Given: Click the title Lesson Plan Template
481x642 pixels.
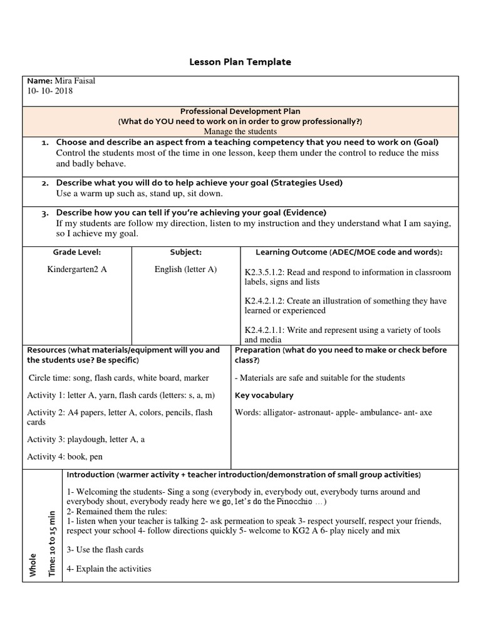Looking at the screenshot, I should point(240,62).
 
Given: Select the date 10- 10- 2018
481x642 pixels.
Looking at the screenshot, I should point(50,91).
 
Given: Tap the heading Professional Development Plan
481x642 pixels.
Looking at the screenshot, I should point(240,111).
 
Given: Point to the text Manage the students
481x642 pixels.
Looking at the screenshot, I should point(240,131).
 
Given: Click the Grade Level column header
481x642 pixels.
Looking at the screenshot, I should point(76,252).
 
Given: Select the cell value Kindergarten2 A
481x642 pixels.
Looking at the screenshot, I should point(77,269).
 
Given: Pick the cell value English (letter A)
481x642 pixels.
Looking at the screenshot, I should point(185,269).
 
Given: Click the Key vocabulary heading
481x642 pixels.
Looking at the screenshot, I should point(264,396).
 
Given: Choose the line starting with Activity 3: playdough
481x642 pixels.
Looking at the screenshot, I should point(86,439).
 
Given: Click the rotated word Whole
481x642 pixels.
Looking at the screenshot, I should point(33,564).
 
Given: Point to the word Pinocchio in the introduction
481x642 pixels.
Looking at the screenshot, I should point(289,502).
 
